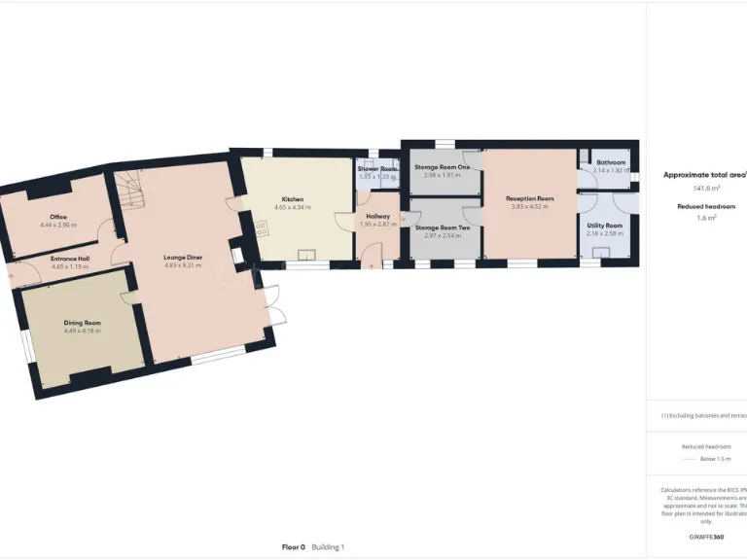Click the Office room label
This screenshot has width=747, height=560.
click(58, 217)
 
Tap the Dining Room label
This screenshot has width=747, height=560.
click(83, 323)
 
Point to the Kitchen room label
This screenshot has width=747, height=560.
click(293, 199)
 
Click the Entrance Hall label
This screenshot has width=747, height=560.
click(70, 259)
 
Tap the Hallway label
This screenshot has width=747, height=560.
click(377, 216)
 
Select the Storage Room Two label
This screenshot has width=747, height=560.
click(443, 227)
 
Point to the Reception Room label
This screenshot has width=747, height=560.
click(530, 198)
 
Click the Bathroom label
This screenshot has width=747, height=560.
click(611, 162)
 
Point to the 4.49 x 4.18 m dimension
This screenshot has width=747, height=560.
click(83, 331)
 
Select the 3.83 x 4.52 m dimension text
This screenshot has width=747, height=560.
click(530, 206)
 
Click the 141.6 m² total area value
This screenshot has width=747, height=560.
click(706, 189)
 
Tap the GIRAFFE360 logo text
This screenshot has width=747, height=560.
click(706, 538)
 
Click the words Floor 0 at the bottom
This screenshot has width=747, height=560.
click(294, 547)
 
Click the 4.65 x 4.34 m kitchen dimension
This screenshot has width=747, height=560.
click(293, 207)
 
